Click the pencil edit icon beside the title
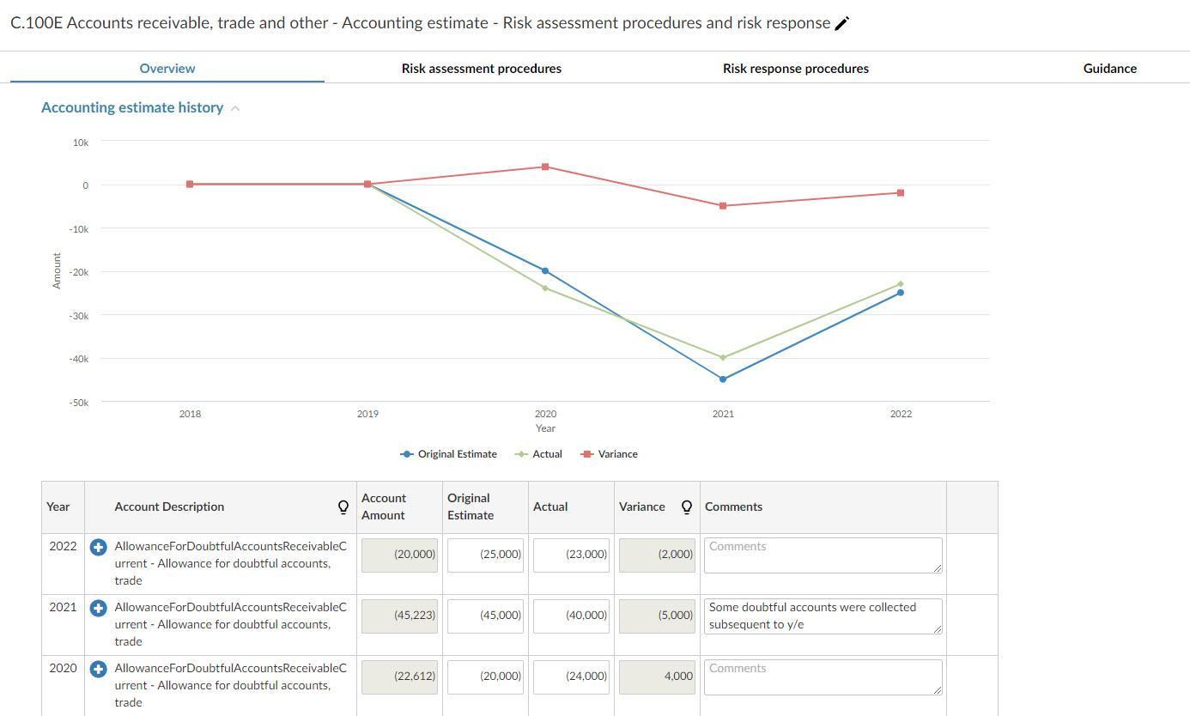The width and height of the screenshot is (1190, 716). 842,24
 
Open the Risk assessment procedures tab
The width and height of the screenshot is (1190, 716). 481,69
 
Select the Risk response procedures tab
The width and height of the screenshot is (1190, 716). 795,69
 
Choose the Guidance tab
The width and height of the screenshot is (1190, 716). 1109,69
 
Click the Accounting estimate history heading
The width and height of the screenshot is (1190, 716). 132,108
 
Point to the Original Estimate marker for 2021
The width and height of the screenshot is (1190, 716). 723,379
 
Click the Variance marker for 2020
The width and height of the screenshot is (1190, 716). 545,167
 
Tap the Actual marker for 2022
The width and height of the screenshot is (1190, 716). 901,283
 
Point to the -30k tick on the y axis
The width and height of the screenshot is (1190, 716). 79,316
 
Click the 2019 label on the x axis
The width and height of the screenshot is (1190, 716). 367,414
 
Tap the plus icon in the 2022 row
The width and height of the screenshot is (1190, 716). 98,547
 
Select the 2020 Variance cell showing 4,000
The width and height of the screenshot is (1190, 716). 657,677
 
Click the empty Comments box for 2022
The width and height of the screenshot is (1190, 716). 823,555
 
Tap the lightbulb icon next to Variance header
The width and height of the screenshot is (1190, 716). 686,507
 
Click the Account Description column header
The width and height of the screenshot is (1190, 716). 169,507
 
